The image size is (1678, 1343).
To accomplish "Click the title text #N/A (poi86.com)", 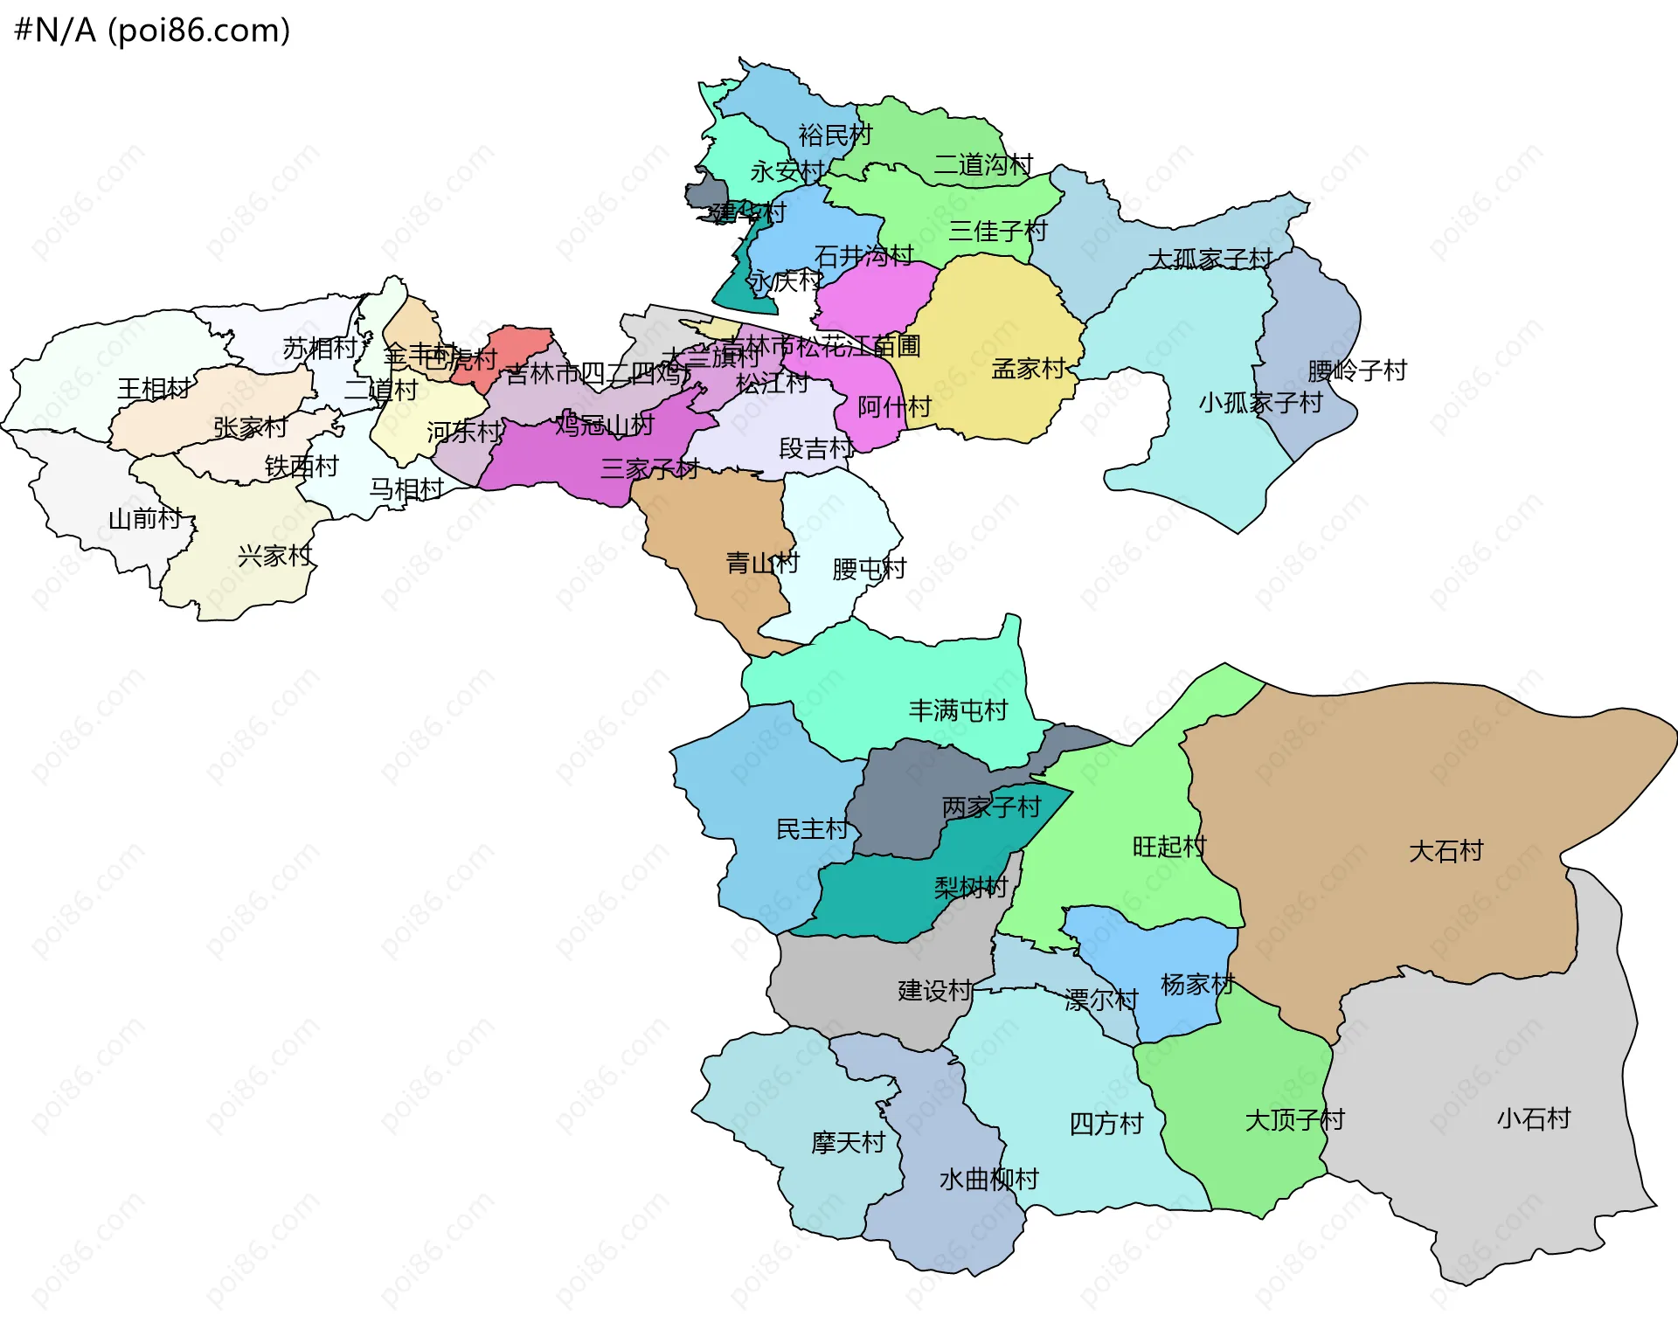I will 152,31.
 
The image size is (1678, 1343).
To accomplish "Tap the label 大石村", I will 1446,851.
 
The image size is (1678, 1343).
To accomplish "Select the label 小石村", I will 1533,1118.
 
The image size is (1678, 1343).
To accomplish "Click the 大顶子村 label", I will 1294,1120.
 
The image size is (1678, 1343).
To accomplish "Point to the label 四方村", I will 1106,1124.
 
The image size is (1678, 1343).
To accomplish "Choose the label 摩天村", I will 848,1142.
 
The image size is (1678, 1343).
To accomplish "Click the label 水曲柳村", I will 988,1180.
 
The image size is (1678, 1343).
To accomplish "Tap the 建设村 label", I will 934,991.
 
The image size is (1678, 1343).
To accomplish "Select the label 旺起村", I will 1168,847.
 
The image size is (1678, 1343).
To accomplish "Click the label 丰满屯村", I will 958,710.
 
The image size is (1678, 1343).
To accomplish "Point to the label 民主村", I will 812,829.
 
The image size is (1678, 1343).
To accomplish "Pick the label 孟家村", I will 1028,369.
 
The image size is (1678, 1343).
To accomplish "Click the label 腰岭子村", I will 1356,370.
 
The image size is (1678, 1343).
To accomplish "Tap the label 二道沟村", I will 982,164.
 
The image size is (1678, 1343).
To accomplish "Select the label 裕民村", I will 835,135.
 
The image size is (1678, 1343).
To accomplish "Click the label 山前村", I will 144,519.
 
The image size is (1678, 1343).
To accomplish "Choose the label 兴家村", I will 274,556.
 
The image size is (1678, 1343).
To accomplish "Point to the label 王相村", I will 154,388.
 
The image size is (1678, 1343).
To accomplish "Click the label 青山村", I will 762,563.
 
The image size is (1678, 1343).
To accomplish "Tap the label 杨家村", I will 1196,985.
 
